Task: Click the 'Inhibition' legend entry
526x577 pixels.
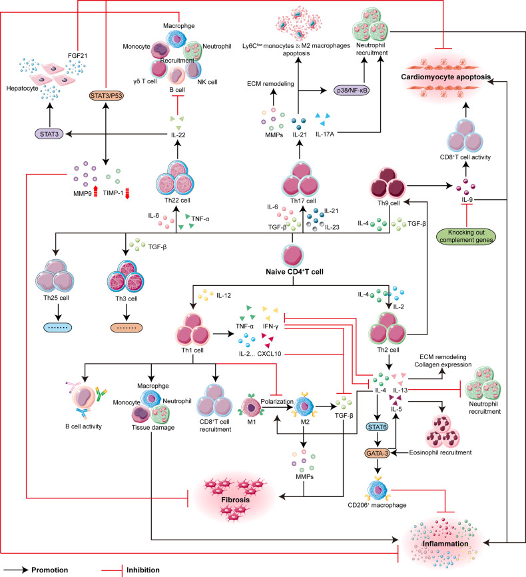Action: (x=140, y=570)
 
